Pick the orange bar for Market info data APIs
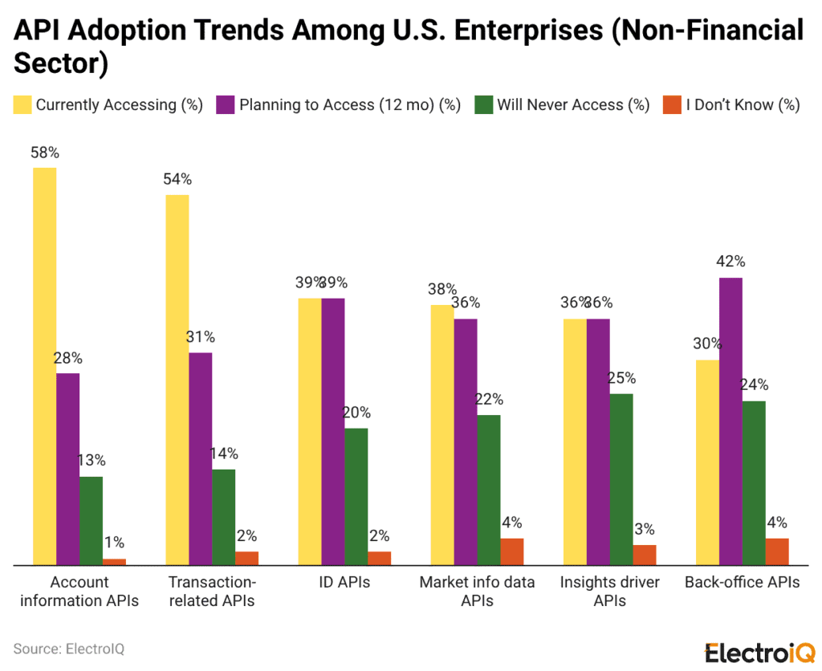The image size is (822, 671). [x=512, y=551]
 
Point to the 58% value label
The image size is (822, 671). [x=44, y=152]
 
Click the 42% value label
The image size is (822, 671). [x=730, y=262]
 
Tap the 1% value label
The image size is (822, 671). [x=114, y=543]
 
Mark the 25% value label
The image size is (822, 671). [x=621, y=378]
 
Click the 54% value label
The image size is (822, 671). [x=177, y=180]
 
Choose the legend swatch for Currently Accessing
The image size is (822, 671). [x=22, y=105]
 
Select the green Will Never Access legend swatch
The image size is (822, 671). [x=483, y=105]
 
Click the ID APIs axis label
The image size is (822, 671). [x=344, y=583]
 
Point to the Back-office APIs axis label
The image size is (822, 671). [x=742, y=583]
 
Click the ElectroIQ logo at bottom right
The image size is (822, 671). [x=759, y=652]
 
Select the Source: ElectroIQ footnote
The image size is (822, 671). [x=68, y=649]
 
